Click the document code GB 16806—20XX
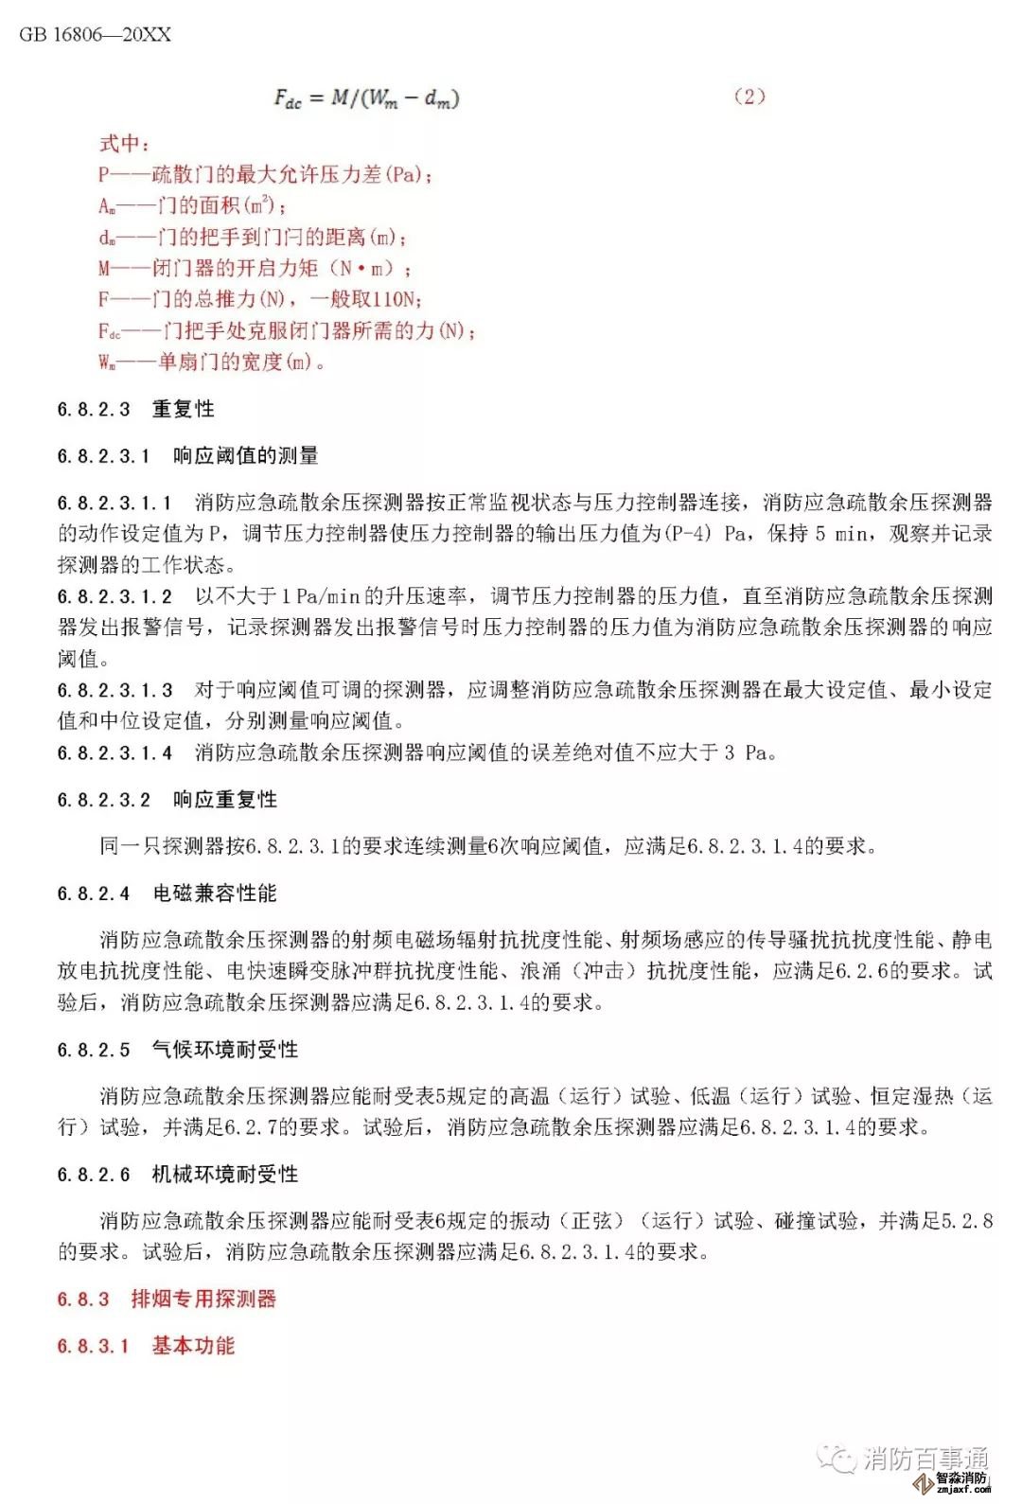pos(96,35)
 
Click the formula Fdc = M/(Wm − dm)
pos(366,97)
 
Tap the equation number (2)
pos(749,97)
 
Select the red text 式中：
pos(124,144)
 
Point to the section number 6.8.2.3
pos(94,410)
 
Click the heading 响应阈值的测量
pos(245,456)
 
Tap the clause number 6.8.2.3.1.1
pos(115,503)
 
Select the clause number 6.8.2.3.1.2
pos(115,596)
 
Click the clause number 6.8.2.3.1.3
pos(115,690)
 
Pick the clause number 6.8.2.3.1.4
pos(115,753)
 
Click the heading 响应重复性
pos(224,800)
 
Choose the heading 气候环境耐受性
pos(225,1050)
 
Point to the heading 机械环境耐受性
pos(225,1175)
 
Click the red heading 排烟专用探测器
pos(203,1300)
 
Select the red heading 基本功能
pos(193,1346)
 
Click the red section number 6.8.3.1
pos(93,1346)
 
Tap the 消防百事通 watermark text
pos(925,1458)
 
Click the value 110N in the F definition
pos(395,300)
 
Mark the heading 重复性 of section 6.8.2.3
pos(184,410)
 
